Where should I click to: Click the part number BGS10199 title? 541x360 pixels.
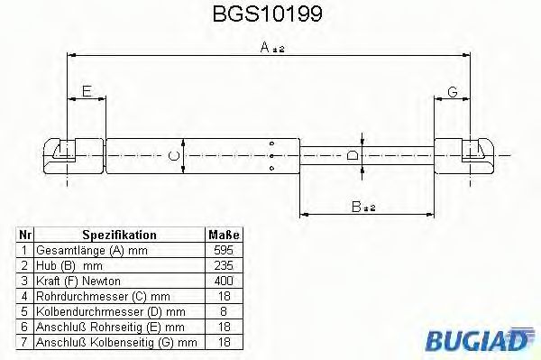point(270,15)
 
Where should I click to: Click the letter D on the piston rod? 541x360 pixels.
point(354,155)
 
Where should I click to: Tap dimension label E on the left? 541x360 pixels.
point(87,90)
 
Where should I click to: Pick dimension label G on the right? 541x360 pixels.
point(453,90)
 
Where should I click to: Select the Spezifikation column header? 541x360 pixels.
point(119,234)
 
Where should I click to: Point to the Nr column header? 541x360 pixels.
point(26,234)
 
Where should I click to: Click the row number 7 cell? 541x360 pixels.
point(26,341)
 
